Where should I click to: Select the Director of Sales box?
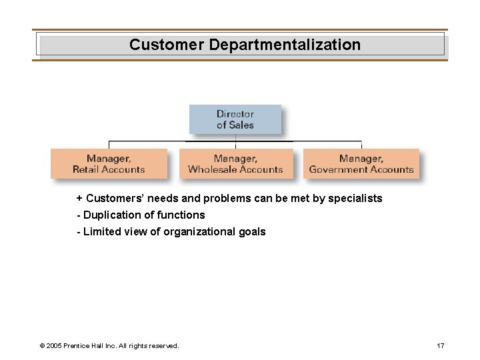(x=235, y=119)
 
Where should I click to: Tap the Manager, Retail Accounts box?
(x=108, y=163)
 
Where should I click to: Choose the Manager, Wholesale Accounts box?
(x=235, y=163)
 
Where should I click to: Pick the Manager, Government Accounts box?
(x=361, y=163)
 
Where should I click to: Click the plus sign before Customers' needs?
(x=79, y=199)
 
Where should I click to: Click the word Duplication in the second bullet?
(x=111, y=215)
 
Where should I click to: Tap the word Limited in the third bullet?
(x=101, y=232)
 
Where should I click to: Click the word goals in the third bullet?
(x=252, y=232)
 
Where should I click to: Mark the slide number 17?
(x=439, y=345)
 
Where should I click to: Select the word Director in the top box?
(x=235, y=114)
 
